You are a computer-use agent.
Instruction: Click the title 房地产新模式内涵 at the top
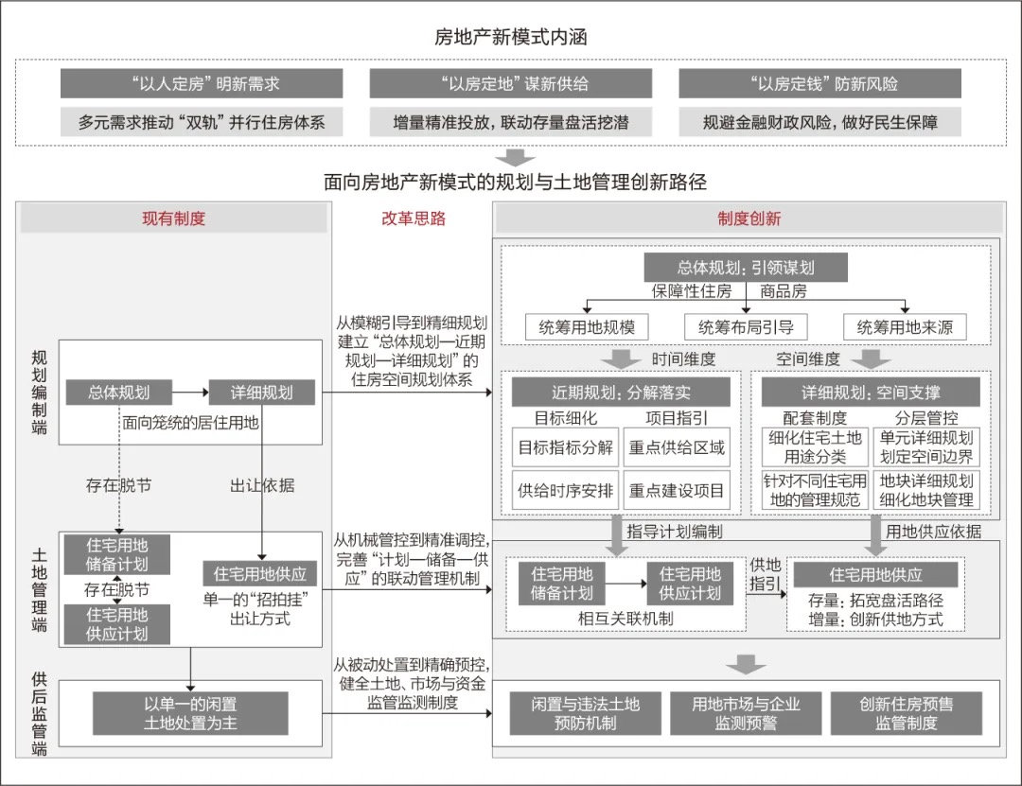click(511, 38)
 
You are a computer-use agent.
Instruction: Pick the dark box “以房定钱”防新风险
click(819, 83)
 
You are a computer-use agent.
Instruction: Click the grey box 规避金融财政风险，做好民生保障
click(819, 122)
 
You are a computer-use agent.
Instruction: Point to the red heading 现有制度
click(173, 218)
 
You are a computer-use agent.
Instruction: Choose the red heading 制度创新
click(749, 218)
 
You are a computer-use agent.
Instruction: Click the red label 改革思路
click(413, 218)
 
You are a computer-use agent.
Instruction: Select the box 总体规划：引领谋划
click(746, 268)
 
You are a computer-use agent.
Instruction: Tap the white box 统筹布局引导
click(746, 327)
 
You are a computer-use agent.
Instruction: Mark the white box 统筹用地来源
click(905, 327)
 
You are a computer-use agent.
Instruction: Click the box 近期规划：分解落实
click(621, 393)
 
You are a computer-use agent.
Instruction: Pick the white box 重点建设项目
click(677, 491)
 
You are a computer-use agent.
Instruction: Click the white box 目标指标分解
click(565, 447)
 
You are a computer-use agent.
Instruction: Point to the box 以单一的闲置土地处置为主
click(190, 713)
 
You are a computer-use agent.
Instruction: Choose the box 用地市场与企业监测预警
click(746, 713)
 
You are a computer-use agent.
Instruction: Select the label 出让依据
click(262, 485)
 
